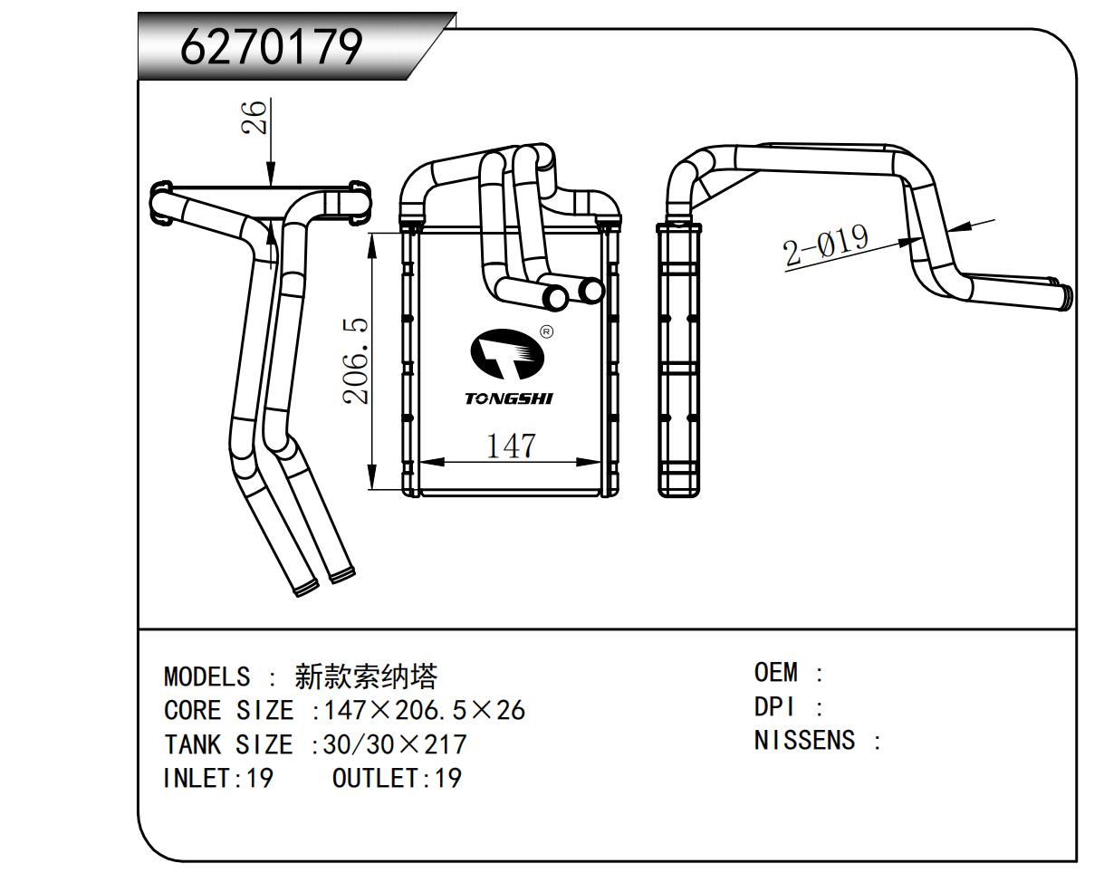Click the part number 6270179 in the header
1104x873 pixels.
tap(272, 47)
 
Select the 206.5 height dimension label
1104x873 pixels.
tap(355, 360)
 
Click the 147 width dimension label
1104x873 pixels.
tap(511, 446)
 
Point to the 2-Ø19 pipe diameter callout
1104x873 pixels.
tap(826, 245)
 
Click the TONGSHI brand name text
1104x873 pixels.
tap(509, 398)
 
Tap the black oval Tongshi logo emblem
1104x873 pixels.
tap(508, 354)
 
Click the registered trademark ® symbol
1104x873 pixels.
tap(546, 331)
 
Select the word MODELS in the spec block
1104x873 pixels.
tap(206, 676)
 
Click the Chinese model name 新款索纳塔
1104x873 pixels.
tap(366, 676)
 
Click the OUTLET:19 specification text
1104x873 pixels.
tap(397, 778)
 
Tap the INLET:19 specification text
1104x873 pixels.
tap(218, 778)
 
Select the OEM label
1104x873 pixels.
tap(776, 673)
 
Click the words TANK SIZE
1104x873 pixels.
tap(228, 744)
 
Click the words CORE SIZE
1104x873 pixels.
tap(228, 710)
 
